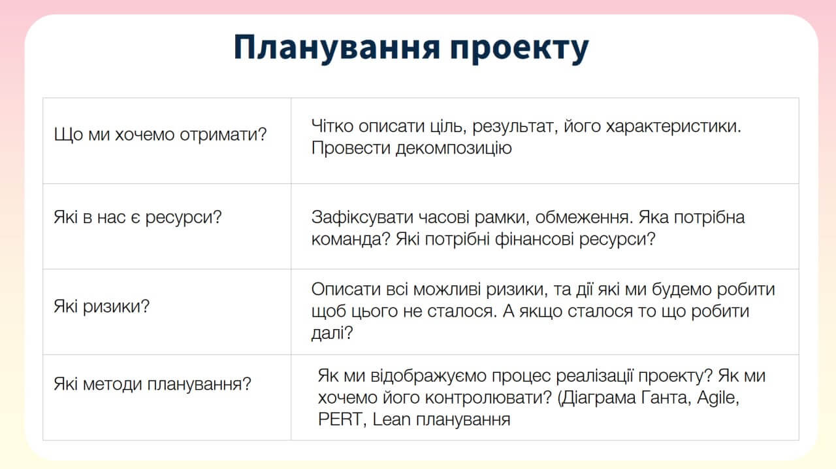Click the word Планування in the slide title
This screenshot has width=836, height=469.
tap(336, 48)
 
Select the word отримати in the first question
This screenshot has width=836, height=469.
tap(223, 135)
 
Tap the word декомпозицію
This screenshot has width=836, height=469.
tap(454, 148)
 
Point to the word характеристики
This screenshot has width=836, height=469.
tap(673, 126)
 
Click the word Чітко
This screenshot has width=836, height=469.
tap(332, 126)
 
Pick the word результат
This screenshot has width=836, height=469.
tap(515, 126)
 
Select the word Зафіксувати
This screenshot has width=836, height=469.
tap(362, 217)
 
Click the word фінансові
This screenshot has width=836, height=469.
tap(534, 239)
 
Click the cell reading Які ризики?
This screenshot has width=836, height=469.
tap(167, 311)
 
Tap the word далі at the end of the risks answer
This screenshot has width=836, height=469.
tap(328, 332)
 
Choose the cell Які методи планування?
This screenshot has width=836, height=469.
tap(167, 397)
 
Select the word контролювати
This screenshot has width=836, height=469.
tap(488, 398)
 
